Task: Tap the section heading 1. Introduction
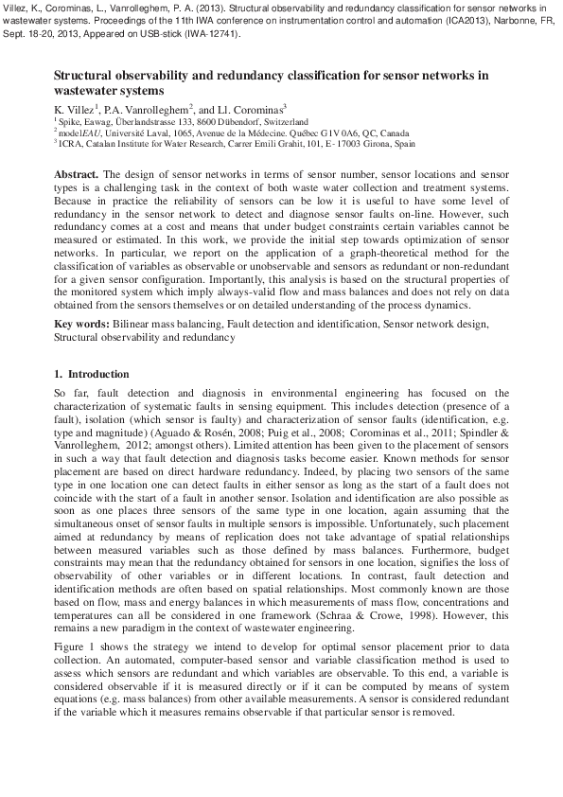tap(98, 374)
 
